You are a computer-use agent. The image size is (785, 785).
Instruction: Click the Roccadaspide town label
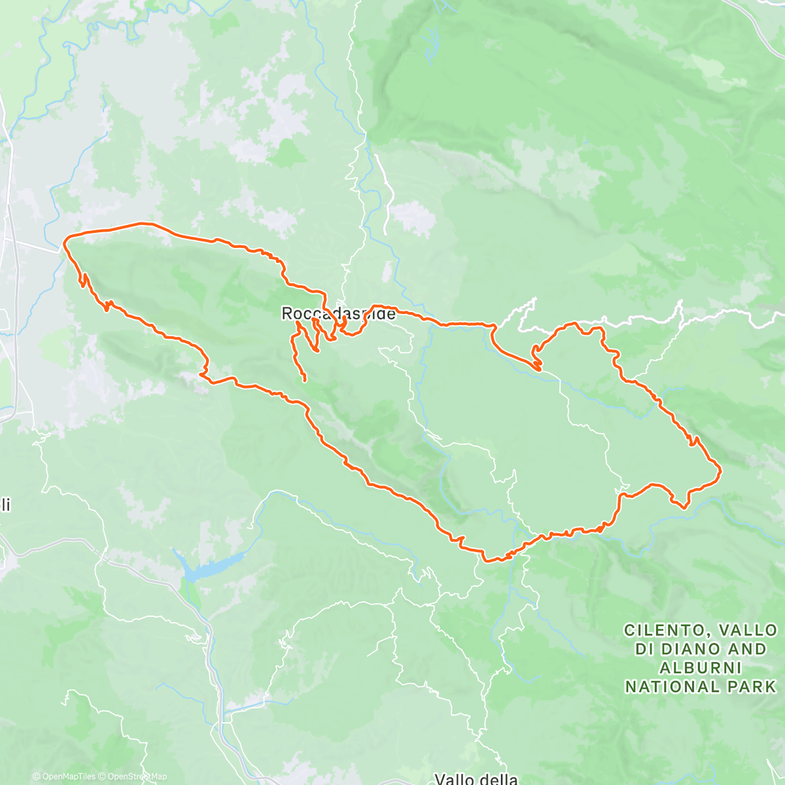[338, 314]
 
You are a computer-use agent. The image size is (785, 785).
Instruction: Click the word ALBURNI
[701, 668]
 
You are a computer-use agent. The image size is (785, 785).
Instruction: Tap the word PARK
[752, 687]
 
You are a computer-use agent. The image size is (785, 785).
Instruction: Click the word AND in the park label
[743, 650]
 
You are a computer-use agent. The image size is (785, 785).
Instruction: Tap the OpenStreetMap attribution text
[135, 777]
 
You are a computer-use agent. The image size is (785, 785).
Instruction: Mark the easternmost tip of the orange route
[721, 470]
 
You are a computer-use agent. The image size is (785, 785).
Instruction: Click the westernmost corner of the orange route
[63, 245]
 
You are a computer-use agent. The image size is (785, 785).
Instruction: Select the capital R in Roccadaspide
[287, 314]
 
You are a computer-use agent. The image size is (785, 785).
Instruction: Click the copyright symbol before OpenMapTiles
[36, 777]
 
